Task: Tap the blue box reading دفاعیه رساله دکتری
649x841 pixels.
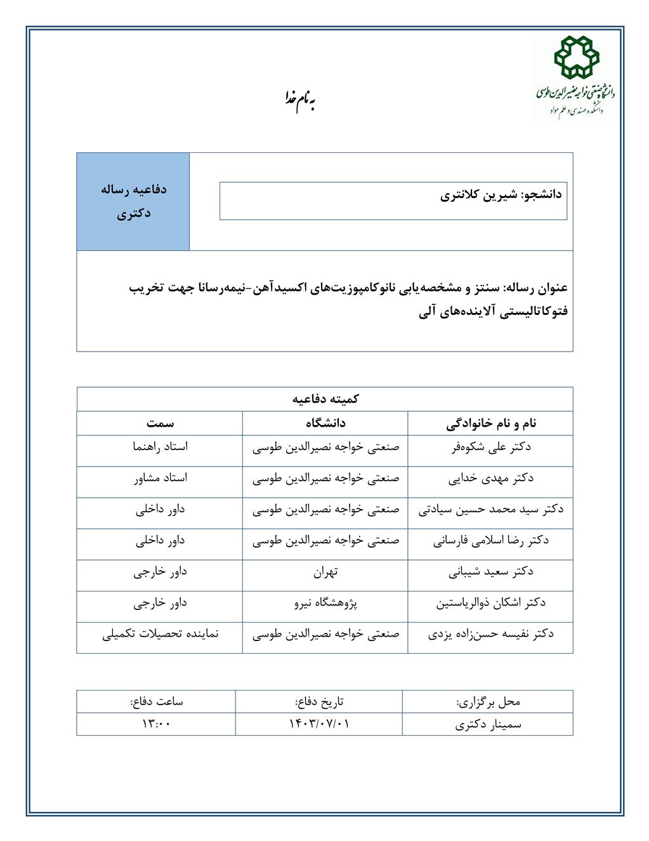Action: [133, 201]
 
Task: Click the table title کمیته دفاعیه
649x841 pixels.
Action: [325, 399]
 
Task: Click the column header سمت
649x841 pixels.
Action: [160, 423]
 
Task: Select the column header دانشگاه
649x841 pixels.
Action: [325, 423]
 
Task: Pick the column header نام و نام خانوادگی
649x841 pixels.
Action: [490, 423]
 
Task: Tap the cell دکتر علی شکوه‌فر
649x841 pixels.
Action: [490, 447]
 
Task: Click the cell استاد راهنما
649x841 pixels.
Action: [160, 447]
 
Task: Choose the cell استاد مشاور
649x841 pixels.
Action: [160, 478]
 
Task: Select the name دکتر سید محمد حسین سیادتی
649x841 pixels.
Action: [490, 509]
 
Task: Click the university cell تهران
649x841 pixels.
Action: [325, 572]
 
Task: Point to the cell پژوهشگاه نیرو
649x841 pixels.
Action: [325, 603]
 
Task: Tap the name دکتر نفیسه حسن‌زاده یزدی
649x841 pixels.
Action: [490, 634]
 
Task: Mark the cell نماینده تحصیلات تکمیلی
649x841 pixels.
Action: [160, 634]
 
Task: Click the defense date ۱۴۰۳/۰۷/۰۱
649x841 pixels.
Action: [319, 724]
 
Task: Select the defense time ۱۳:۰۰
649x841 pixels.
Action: [156, 724]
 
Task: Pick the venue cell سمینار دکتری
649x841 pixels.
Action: [488, 724]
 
